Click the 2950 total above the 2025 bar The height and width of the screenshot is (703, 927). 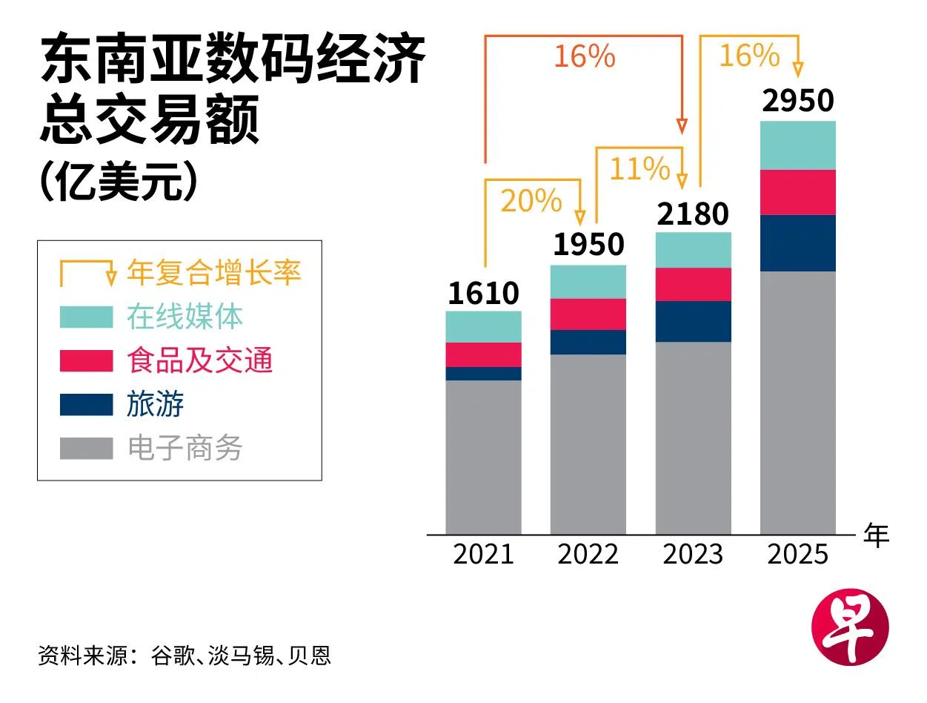point(798,101)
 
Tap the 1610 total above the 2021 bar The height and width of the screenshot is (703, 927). point(483,293)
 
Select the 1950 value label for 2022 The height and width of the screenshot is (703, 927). point(588,244)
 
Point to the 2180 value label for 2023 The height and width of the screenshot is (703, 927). point(693,214)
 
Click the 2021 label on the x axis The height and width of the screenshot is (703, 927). point(483,554)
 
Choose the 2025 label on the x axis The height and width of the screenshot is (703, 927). point(797,554)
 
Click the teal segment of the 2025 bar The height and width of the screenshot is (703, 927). point(798,145)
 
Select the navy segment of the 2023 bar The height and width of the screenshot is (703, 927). point(693,321)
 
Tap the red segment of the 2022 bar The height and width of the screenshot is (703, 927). point(588,314)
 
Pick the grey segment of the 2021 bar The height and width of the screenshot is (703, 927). point(483,456)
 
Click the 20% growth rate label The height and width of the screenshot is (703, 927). point(531,201)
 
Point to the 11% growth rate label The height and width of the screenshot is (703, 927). point(639,169)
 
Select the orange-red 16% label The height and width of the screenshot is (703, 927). point(585,56)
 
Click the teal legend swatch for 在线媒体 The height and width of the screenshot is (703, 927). point(86,317)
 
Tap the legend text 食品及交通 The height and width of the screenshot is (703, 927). point(200,360)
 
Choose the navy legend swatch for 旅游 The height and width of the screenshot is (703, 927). point(86,404)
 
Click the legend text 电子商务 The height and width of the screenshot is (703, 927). point(185,448)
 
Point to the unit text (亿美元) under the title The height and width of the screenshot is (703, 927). point(119,184)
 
